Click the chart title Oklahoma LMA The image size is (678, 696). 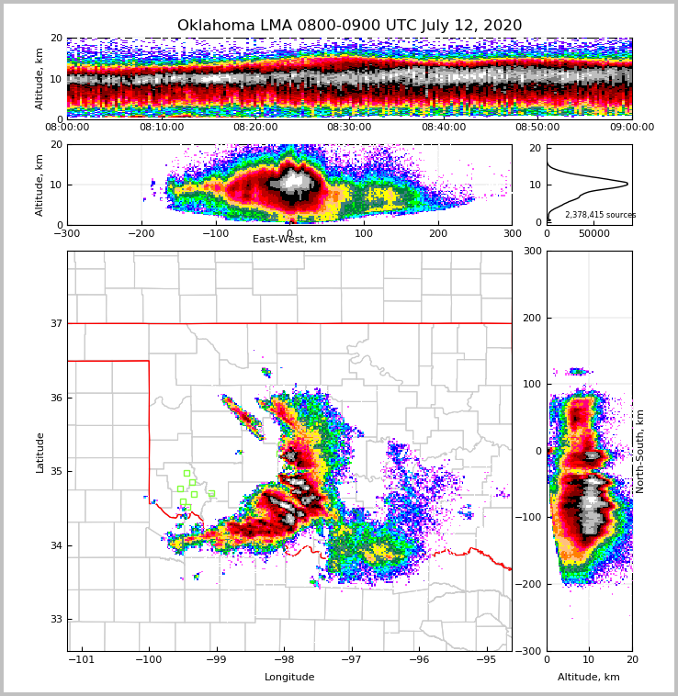[349, 26]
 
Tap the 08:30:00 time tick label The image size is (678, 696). [349, 128]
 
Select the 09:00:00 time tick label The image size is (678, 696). [631, 128]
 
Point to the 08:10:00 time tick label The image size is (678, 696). [162, 128]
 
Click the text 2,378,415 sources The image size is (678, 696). [600, 215]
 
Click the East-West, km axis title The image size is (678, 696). [289, 240]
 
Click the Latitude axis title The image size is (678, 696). [40, 452]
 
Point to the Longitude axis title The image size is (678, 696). [289, 678]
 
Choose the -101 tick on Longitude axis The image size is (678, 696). [82, 659]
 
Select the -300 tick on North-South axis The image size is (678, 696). [529, 651]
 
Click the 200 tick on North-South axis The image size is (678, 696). [533, 318]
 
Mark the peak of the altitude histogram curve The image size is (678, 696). [627, 184]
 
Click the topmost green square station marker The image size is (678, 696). [186, 474]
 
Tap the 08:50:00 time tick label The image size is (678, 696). [537, 128]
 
